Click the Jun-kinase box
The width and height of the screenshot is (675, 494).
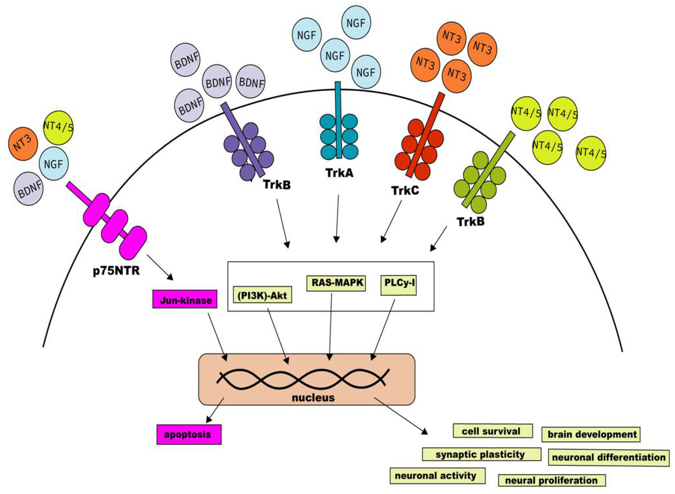(185, 299)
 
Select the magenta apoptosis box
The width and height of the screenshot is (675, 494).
(189, 434)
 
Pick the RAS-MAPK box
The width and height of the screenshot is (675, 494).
(336, 283)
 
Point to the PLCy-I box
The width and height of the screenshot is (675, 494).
(398, 285)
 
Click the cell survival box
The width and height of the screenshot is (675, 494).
(493, 431)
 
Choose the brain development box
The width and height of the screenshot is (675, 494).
(591, 434)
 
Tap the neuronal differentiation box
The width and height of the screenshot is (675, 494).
(609, 458)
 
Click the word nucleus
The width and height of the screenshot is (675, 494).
(313, 398)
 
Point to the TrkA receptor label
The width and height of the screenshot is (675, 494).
(339, 173)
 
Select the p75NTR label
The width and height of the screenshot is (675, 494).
(117, 271)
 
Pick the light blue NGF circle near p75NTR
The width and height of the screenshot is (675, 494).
(54, 164)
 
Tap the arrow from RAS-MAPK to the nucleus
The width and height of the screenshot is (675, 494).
(331, 327)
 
